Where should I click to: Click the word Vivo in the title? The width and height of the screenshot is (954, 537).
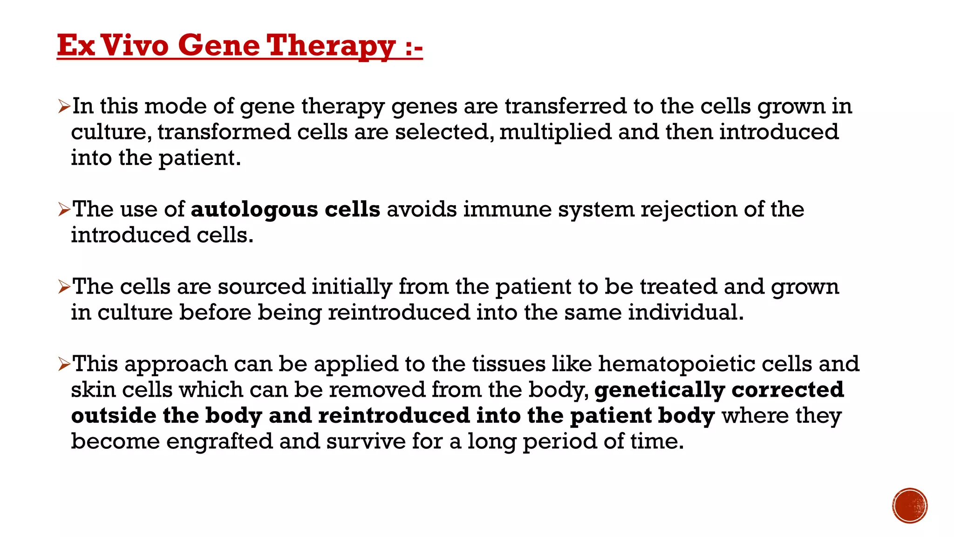[x=135, y=46]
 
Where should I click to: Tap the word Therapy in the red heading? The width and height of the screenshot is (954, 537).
[x=331, y=46]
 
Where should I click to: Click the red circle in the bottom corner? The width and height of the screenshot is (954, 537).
[x=910, y=506]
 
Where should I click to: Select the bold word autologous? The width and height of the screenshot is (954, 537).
[x=254, y=209]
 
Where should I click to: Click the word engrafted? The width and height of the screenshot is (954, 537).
[x=219, y=441]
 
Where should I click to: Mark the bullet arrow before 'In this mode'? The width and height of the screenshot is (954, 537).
[x=64, y=107]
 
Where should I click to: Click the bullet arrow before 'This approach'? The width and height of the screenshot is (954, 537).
[x=64, y=364]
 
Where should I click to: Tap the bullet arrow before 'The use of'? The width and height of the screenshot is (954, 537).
[x=64, y=210]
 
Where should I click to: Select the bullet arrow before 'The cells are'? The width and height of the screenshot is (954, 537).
[x=64, y=287]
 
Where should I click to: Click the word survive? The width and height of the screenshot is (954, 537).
[x=366, y=441]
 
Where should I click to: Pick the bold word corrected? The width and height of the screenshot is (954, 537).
[x=788, y=390]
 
